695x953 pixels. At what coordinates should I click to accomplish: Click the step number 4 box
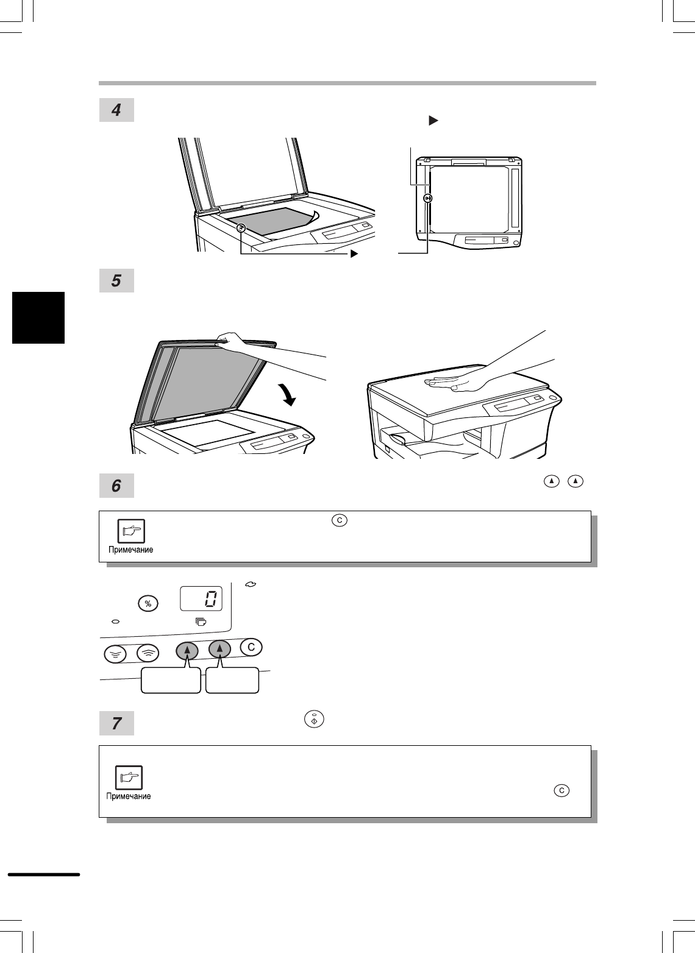tap(116, 110)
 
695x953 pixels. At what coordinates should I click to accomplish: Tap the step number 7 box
tap(116, 723)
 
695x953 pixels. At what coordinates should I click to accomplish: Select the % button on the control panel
tap(148, 603)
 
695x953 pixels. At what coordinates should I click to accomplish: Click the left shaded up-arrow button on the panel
tap(187, 650)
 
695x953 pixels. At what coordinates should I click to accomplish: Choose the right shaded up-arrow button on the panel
tap(219, 649)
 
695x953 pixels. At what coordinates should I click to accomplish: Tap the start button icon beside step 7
tap(314, 720)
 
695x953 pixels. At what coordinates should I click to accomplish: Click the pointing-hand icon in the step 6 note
tap(131, 531)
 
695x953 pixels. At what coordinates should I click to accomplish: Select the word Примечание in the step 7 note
tap(129, 796)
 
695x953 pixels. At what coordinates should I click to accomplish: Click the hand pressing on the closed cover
tap(455, 382)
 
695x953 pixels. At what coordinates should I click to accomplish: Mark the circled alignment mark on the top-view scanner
tap(428, 198)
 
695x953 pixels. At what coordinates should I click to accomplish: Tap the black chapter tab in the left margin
tap(38, 317)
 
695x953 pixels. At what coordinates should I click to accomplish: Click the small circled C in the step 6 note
tap(339, 520)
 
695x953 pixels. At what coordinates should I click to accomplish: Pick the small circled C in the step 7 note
tap(561, 790)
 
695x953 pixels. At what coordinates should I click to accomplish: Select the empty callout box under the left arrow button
tap(171, 680)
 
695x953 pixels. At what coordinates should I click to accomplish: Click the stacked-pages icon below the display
tap(201, 622)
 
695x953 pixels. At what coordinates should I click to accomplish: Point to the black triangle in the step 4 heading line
tap(433, 121)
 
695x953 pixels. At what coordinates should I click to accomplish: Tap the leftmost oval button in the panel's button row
tap(115, 654)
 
